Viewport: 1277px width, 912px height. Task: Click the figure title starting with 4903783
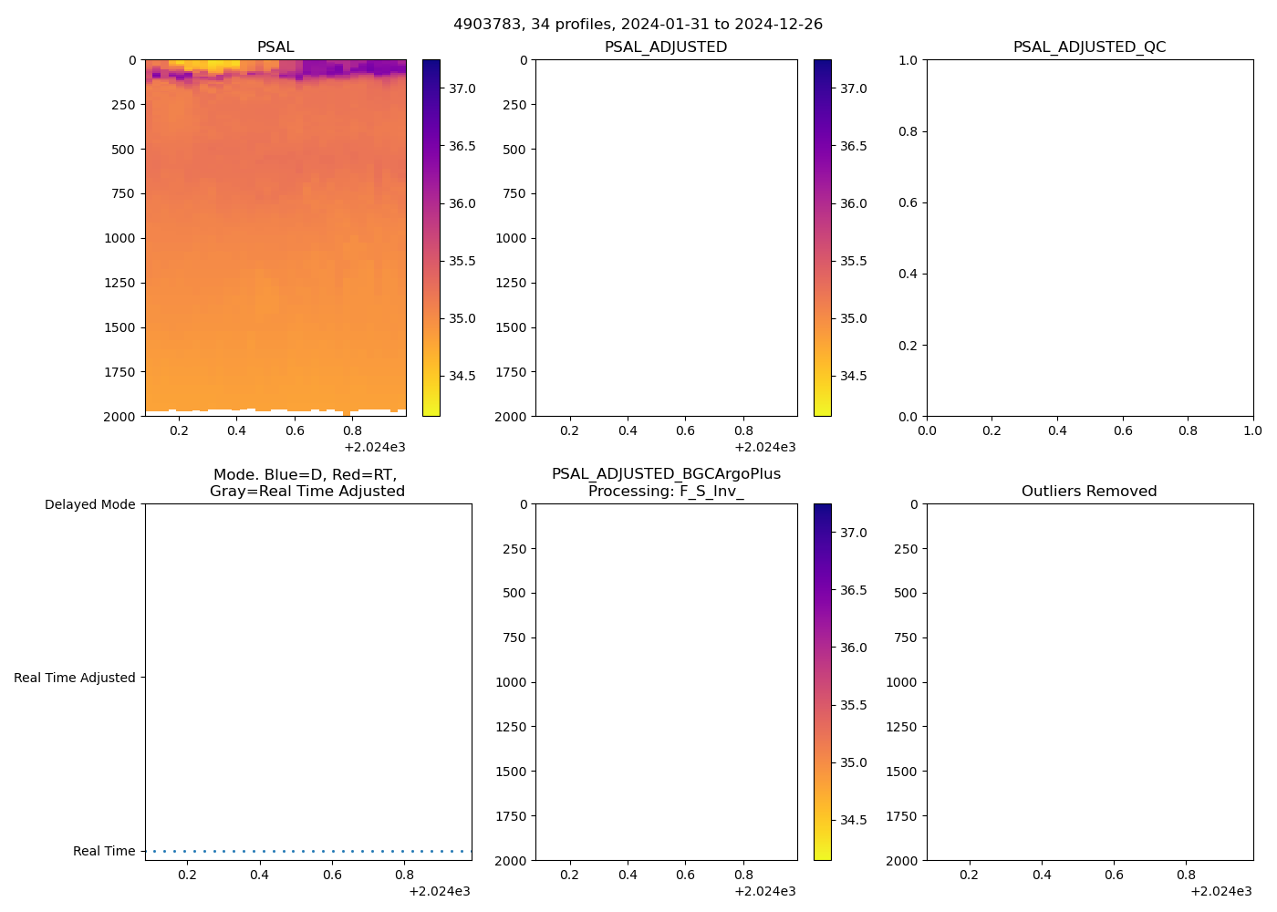point(638,24)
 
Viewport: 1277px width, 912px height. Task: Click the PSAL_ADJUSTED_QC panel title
point(1089,47)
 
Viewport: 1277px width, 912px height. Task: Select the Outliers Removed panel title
point(1089,491)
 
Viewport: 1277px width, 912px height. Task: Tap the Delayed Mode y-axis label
point(89,504)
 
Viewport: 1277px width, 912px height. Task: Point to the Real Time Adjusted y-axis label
point(75,678)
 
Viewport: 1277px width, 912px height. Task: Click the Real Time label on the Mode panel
point(104,851)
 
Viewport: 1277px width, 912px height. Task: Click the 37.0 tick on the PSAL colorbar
point(462,88)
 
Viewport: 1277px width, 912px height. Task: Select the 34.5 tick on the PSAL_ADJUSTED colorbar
point(853,376)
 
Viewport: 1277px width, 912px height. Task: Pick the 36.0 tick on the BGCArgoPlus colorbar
point(853,648)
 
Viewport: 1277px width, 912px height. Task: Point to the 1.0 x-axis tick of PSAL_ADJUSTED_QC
point(1253,430)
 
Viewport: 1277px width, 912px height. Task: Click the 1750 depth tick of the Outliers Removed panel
point(903,816)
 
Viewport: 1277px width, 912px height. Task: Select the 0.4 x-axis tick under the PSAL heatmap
point(237,430)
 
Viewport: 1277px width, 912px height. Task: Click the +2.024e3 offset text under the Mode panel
point(439,891)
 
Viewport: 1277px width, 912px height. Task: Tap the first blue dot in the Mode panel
point(153,851)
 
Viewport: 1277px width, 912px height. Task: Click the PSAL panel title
point(275,47)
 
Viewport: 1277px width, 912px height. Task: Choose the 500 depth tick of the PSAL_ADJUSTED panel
point(514,150)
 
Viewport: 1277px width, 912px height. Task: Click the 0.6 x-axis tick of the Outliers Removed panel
point(1115,875)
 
